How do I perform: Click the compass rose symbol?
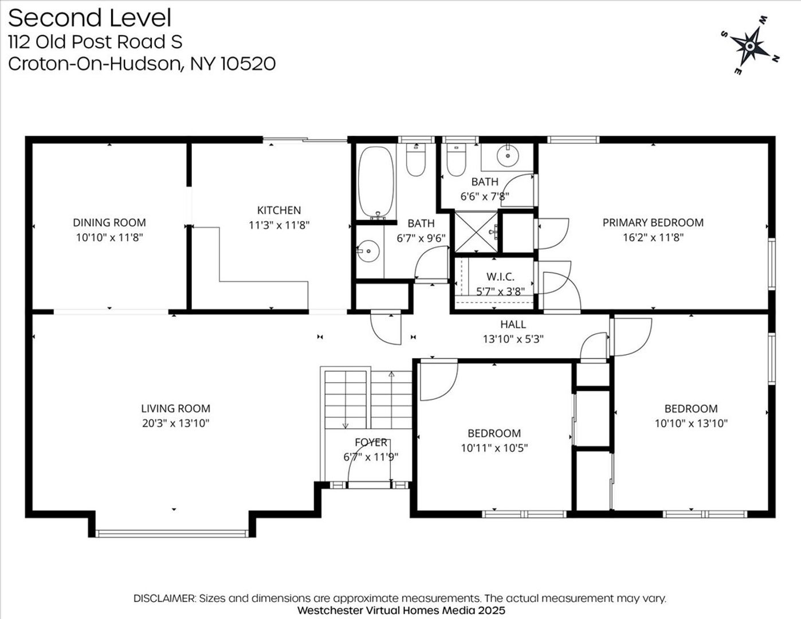(750, 46)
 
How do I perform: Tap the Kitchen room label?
(279, 210)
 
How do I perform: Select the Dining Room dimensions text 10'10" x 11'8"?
(109, 237)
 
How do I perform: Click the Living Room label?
(176, 409)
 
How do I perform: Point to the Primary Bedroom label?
(653, 223)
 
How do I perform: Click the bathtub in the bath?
(376, 182)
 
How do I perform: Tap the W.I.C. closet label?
(500, 276)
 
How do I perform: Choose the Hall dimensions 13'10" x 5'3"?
(513, 339)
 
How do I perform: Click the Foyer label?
(371, 442)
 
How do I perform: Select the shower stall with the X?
(476, 232)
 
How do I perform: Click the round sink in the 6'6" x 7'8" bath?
(508, 156)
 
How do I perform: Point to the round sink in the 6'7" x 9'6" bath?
(368, 251)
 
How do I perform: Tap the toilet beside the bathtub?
(416, 159)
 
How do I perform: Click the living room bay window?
(172, 534)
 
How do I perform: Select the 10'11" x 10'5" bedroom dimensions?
(494, 448)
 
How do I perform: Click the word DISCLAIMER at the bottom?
(164, 598)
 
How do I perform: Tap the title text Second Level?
(90, 18)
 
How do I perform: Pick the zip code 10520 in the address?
(248, 64)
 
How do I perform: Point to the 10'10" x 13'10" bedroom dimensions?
(691, 423)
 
